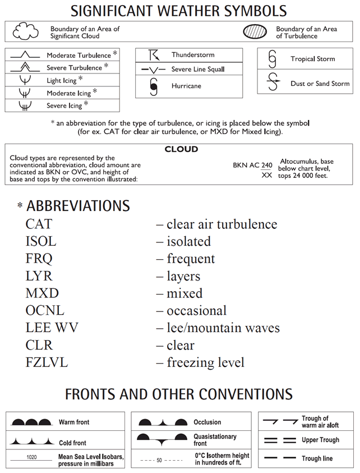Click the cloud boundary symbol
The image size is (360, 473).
26,31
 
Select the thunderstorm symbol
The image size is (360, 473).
153,55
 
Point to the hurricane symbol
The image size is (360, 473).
153,86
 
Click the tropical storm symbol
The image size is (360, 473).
273,58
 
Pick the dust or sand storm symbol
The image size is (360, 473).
273,82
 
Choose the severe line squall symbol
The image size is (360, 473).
153,70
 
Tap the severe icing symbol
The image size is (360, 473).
24,105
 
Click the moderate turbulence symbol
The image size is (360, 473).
24,56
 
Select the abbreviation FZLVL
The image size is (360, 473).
47,362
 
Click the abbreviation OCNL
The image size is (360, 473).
45,310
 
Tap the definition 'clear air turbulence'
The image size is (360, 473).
221,224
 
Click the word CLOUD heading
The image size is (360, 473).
181,150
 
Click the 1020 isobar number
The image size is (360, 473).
32,457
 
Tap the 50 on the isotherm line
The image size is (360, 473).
159,460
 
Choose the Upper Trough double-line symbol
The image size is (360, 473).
279,440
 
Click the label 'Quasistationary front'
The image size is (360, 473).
215,439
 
